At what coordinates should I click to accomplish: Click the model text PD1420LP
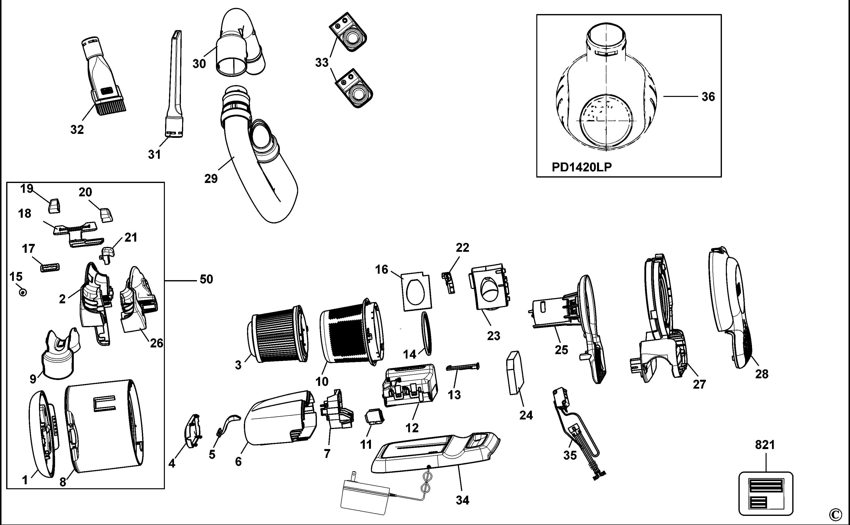point(582,167)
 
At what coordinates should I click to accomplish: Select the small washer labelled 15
point(23,292)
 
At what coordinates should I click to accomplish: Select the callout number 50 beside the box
point(206,279)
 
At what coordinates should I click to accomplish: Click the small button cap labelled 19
point(54,206)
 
